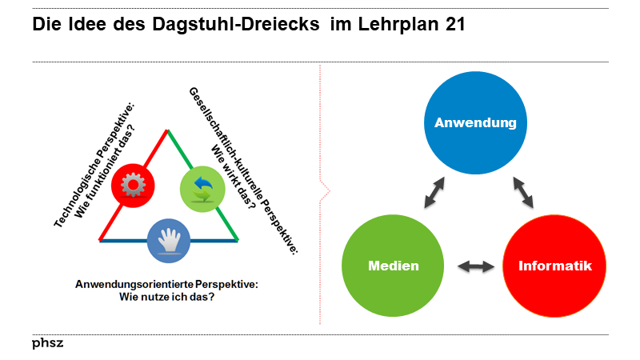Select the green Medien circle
[x=394, y=266]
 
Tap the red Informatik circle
[x=554, y=266]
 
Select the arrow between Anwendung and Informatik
[x=523, y=192]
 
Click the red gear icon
[x=133, y=185]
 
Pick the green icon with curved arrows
[x=202, y=189]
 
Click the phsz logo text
[x=48, y=343]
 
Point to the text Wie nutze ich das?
[x=166, y=298]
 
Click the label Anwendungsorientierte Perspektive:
[x=166, y=285]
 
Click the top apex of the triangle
[x=168, y=130]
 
